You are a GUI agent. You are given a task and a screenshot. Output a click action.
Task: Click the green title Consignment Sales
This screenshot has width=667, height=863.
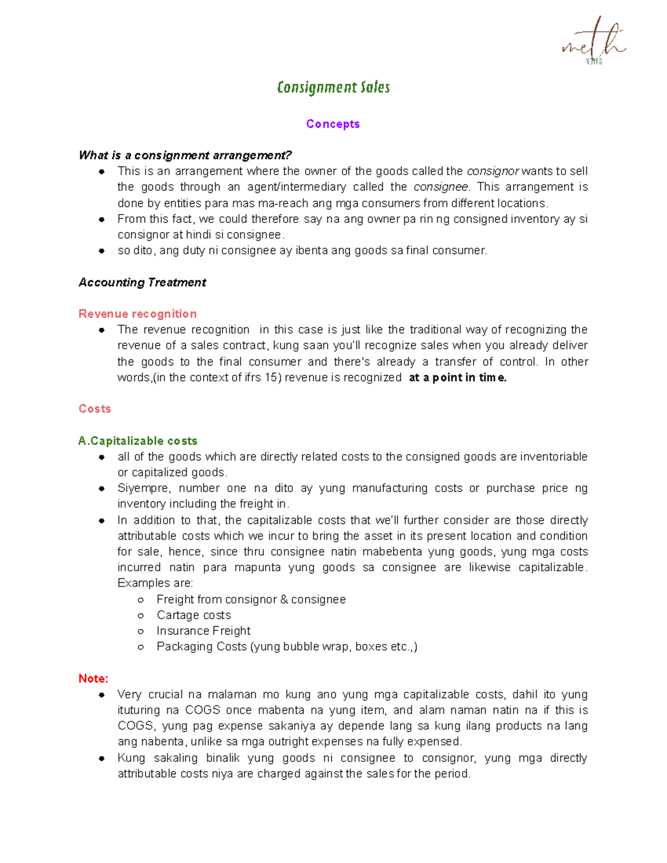[333, 88]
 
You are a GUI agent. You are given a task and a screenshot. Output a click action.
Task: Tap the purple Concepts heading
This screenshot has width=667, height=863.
[332, 124]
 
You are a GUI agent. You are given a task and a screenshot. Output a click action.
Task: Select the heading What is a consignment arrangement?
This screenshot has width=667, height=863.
[185, 155]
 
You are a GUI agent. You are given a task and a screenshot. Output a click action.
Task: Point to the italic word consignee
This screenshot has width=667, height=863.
[441, 187]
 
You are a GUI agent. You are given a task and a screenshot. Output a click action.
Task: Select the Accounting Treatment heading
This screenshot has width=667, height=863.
[142, 282]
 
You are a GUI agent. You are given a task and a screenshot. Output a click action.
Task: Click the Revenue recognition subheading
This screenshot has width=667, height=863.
[137, 314]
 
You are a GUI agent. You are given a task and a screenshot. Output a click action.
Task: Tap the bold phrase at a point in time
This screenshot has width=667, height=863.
[457, 378]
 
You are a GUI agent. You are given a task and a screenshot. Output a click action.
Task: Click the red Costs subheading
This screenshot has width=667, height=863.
[94, 409]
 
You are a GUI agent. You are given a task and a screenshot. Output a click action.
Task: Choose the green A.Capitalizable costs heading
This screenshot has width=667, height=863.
[137, 441]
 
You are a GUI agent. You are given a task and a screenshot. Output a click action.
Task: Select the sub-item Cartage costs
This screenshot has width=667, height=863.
[193, 615]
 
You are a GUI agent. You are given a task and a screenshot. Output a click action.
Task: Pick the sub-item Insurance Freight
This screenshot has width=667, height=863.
[203, 631]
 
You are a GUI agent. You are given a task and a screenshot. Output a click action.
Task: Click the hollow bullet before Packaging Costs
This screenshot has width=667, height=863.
[141, 647]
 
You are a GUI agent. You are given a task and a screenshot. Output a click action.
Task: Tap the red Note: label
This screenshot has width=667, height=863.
[93, 679]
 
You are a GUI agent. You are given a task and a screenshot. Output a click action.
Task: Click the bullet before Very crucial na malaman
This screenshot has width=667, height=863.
[102, 695]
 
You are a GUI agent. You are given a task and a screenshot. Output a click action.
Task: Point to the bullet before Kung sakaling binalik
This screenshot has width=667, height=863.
[102, 759]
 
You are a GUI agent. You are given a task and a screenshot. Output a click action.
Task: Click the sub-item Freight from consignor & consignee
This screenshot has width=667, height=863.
[251, 600]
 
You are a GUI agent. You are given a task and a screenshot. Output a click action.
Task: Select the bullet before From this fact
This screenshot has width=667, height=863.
[102, 220]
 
